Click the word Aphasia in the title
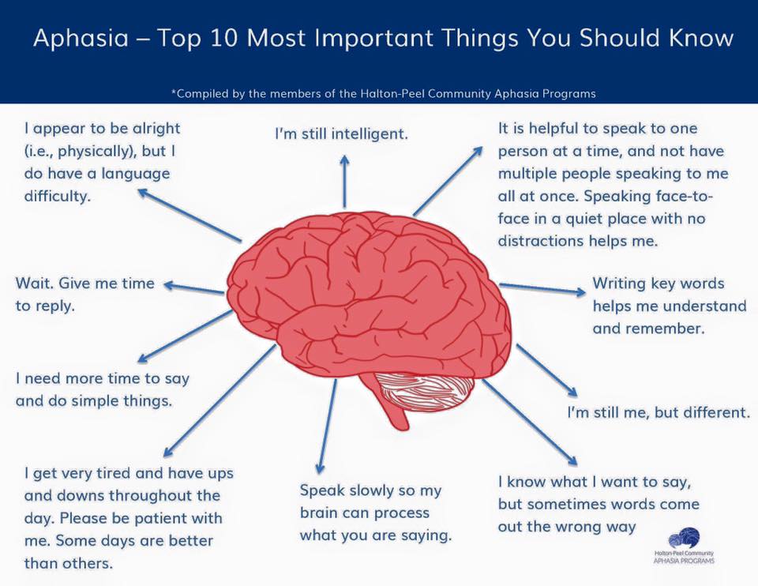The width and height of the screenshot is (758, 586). tap(81, 38)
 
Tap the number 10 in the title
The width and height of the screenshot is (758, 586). tap(224, 38)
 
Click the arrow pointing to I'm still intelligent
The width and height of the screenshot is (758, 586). tap(344, 182)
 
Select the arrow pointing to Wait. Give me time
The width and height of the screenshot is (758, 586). tap(194, 288)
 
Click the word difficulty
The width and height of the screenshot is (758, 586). tap(58, 197)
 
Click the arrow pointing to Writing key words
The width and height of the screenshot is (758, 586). tap(542, 288)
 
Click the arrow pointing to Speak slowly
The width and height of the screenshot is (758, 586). tap(327, 426)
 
